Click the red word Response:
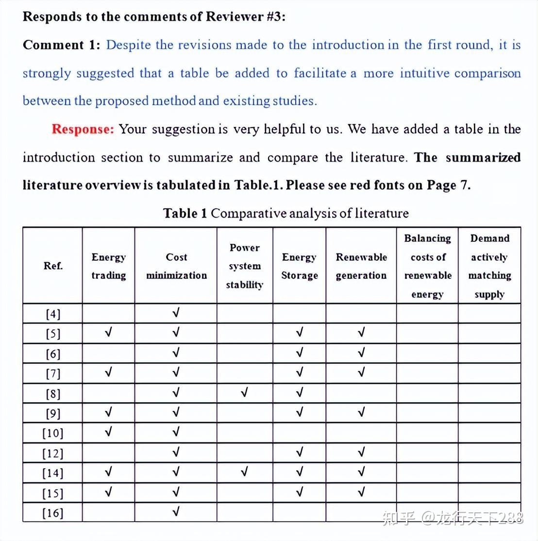pos(83,129)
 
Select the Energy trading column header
pos(108,266)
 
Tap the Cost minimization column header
pos(176,266)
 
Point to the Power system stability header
pos(245,266)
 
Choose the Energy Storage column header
pos(299,266)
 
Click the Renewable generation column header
pos(361,266)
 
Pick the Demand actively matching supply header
pos(489,266)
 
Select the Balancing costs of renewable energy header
pos(427,266)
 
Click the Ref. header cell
pos(53,266)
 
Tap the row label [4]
pos(53,314)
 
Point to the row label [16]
pos(53,513)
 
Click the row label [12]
pos(53,454)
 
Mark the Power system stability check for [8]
pos(245,392)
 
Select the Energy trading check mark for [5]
pos(108,333)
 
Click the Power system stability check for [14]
pos(245,472)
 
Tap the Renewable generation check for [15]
pos(361,492)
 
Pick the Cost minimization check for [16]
pos(176,511)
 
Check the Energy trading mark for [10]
pos(108,431)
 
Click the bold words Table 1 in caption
pos(185,213)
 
